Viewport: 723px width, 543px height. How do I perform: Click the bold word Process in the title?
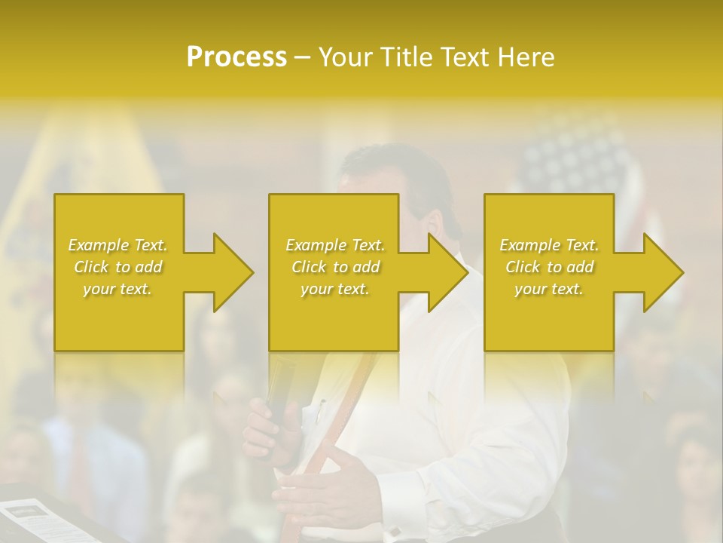236,57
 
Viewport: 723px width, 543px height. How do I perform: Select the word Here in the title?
526,57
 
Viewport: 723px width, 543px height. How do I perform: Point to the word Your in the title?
347,57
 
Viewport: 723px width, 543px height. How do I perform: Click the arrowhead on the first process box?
230,272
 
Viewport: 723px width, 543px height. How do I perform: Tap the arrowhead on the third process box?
660,272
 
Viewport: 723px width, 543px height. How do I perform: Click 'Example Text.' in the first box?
118,245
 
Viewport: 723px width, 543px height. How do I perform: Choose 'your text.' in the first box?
118,289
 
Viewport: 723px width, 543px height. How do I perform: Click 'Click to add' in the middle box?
335,267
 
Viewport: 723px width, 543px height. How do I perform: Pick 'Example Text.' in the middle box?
335,245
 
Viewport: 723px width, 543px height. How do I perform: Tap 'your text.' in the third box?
549,289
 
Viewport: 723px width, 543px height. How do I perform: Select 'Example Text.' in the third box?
549,245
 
